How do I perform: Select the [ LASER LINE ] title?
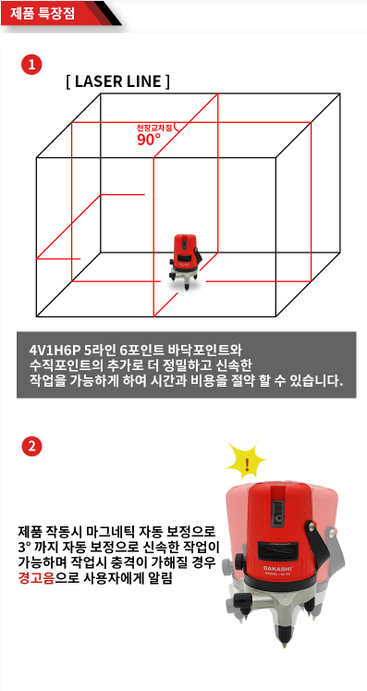pyautogui.click(x=117, y=82)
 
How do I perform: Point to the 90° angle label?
pyautogui.click(x=148, y=140)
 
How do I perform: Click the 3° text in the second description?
pyautogui.click(x=24, y=548)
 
